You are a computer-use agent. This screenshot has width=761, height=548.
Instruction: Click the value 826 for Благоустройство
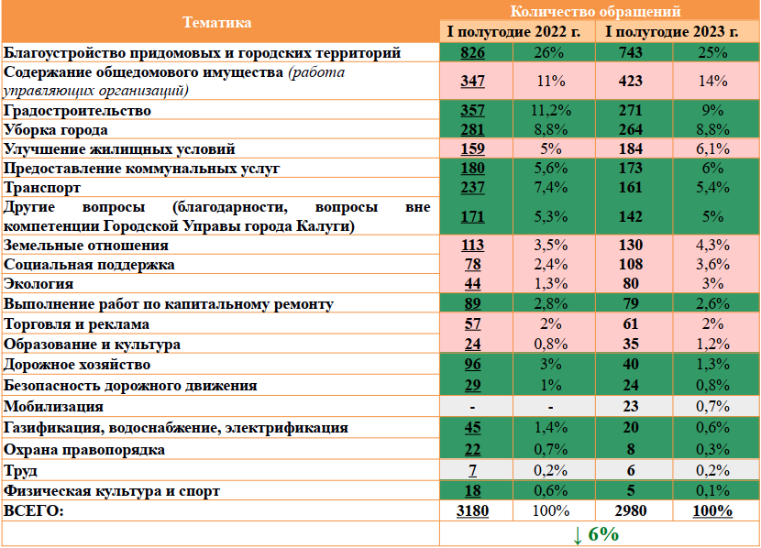[472, 53]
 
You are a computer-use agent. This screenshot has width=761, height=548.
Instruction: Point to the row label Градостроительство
[77, 110]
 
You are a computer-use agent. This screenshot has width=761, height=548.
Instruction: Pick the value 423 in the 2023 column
[631, 81]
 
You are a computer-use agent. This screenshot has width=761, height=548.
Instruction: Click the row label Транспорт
[41, 187]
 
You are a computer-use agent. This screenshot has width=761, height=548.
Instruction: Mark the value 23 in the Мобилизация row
[631, 406]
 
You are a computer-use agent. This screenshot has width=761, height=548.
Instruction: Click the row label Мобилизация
[54, 406]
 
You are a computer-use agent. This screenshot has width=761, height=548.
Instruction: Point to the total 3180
[472, 510]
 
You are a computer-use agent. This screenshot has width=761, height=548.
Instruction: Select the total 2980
[631, 510]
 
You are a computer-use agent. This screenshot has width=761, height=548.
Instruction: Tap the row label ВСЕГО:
[35, 510]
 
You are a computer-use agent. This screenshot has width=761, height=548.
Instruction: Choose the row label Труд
[21, 471]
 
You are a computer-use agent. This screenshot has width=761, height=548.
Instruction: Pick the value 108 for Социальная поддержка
[631, 265]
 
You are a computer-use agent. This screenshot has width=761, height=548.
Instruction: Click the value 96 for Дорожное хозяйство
[472, 365]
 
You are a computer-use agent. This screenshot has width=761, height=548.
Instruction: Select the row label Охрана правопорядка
[84, 450]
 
